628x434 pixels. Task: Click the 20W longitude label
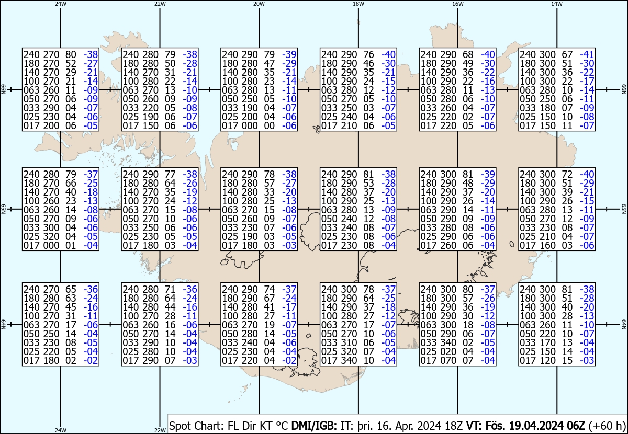point(259,4)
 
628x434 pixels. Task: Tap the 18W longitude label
point(358,4)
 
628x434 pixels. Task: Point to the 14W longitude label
point(557,4)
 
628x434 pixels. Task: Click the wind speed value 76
point(368,54)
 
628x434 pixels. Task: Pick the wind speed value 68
point(468,54)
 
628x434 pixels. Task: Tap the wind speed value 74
point(269,289)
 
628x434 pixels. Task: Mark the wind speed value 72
point(567,174)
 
